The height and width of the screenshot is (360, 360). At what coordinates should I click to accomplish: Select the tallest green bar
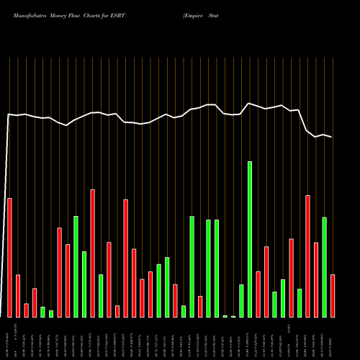(250, 239)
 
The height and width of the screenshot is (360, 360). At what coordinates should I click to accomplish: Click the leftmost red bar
(9, 257)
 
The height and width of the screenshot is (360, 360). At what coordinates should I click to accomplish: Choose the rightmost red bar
(333, 295)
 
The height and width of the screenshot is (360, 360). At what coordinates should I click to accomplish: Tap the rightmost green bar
(324, 266)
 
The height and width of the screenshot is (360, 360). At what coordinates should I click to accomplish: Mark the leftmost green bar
(42, 312)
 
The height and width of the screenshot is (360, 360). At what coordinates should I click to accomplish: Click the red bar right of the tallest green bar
(258, 294)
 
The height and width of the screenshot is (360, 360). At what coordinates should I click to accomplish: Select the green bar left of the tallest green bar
(241, 300)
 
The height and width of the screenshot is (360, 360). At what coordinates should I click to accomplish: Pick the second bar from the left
(18, 295)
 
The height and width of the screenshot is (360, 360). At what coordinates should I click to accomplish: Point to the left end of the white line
(8, 114)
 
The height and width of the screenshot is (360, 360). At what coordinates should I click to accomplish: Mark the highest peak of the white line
(249, 104)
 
